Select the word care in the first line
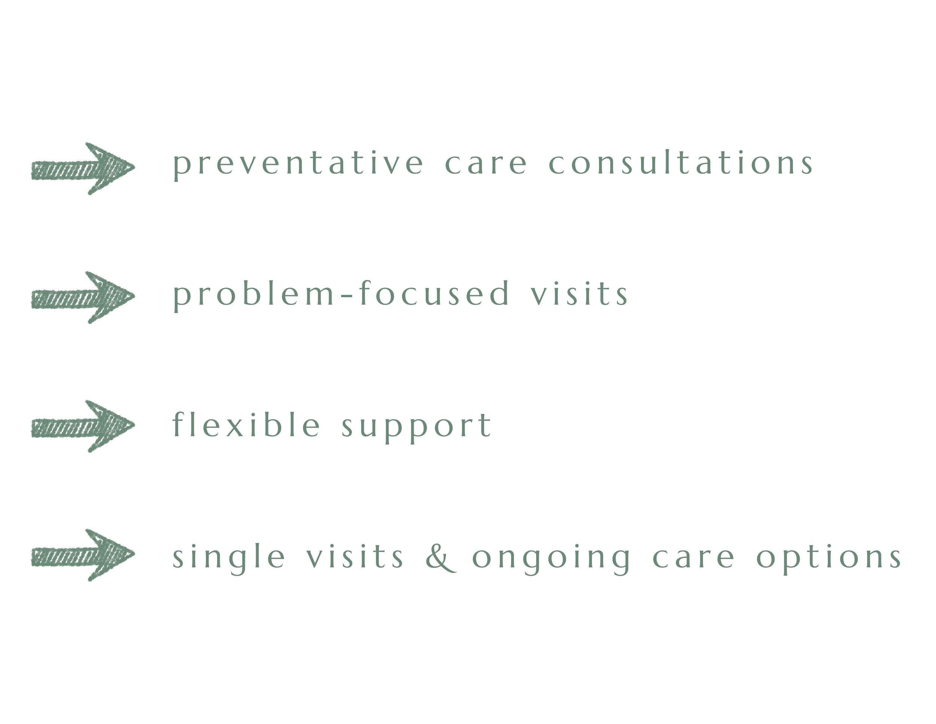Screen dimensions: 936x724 click(x=486, y=164)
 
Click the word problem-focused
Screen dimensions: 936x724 click(x=341, y=294)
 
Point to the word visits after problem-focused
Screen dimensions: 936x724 click(x=579, y=294)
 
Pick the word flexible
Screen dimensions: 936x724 click(x=246, y=425)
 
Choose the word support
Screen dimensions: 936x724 click(x=417, y=426)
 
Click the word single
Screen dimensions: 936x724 click(x=228, y=557)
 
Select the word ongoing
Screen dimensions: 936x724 click(x=551, y=558)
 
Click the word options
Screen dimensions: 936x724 click(x=829, y=558)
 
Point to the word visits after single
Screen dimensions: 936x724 click(x=355, y=557)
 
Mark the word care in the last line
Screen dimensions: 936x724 click(x=693, y=558)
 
